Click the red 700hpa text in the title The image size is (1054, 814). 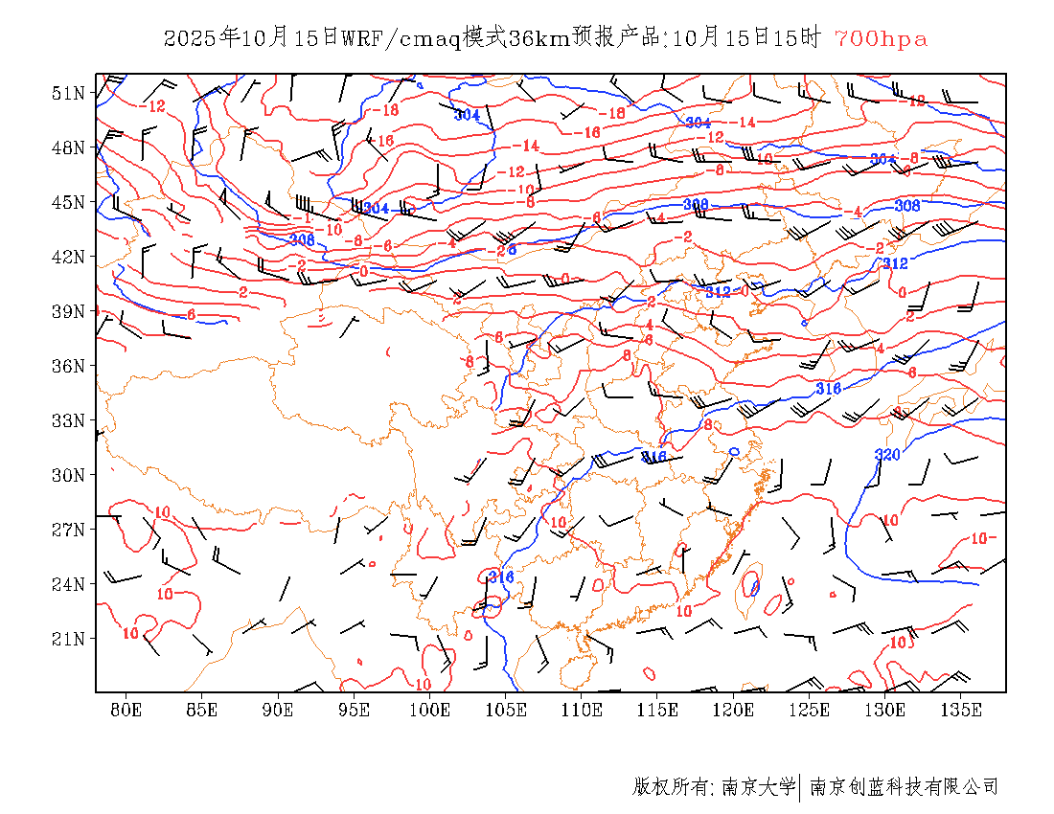tap(881, 39)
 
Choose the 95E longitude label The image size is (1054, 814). tap(354, 710)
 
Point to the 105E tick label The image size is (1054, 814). tap(506, 710)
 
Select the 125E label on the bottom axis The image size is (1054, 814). tap(810, 710)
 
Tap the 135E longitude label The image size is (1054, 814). tap(961, 710)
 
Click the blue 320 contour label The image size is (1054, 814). tap(887, 454)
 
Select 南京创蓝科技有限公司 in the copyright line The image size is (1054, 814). tap(904, 787)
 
